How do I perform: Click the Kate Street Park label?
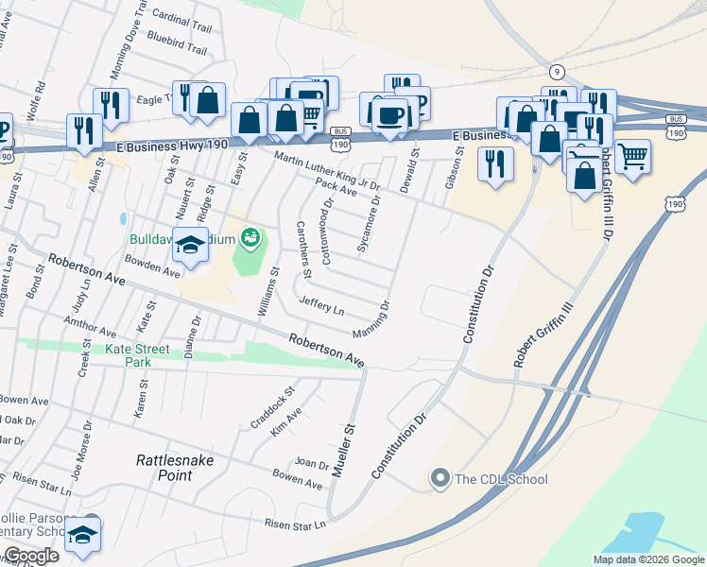click(138, 355)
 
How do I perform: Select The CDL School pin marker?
click(440, 479)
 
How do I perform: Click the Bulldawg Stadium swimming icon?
click(250, 237)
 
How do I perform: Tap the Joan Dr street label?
click(311, 463)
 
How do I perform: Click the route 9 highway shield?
click(556, 72)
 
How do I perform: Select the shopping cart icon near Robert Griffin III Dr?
click(632, 154)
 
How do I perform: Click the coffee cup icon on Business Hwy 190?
click(388, 114)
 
